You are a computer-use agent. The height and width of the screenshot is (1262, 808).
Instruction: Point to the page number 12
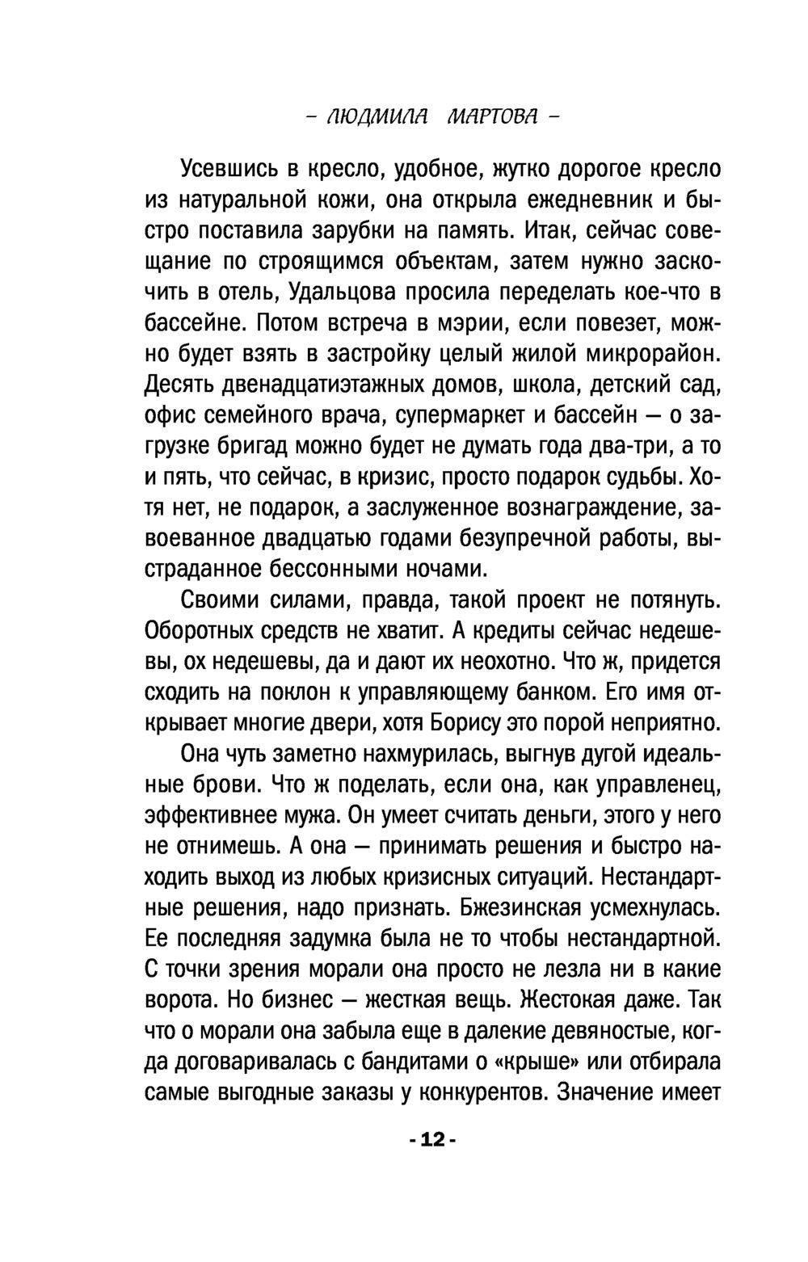coord(433,1140)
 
